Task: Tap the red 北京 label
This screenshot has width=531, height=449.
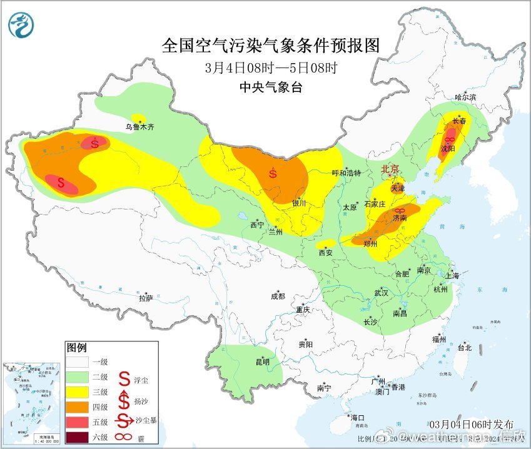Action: pyautogui.click(x=390, y=169)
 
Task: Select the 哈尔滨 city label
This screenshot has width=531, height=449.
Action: pyautogui.click(x=465, y=97)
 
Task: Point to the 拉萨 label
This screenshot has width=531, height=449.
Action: pyautogui.click(x=145, y=298)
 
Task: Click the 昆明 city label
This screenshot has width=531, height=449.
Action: pyautogui.click(x=262, y=361)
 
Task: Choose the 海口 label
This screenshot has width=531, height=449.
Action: pyautogui.click(x=358, y=417)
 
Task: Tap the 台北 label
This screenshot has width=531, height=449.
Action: pyautogui.click(x=464, y=348)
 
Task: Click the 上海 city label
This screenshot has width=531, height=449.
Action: pyautogui.click(x=452, y=275)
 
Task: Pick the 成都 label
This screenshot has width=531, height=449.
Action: pyautogui.click(x=277, y=296)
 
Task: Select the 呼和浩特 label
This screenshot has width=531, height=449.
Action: pyautogui.click(x=346, y=173)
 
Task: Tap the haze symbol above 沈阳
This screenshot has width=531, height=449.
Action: pyautogui.click(x=449, y=139)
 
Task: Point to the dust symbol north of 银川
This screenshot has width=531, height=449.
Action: pyautogui.click(x=273, y=173)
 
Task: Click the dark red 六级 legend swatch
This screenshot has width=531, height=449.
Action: pyautogui.click(x=79, y=436)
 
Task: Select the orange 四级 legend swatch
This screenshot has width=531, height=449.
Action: pyautogui.click(x=79, y=406)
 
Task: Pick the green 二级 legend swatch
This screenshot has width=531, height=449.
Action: pyautogui.click(x=79, y=376)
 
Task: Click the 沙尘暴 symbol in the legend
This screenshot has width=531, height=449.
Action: pyautogui.click(x=125, y=420)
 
